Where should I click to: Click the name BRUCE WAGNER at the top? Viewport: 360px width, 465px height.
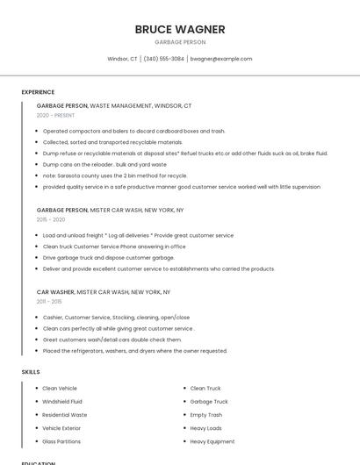(180, 29)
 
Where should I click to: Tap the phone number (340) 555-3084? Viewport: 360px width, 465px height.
(164, 59)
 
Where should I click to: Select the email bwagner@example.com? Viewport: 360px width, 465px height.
(221, 59)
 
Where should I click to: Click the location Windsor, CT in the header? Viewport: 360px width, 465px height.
(122, 59)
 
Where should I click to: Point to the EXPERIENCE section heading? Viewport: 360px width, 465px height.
(38, 91)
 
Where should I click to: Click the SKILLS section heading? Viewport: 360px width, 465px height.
(31, 372)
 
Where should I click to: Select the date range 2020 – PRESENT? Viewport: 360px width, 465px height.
(55, 115)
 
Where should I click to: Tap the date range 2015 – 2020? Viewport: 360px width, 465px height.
(51, 219)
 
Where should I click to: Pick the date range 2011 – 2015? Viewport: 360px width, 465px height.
(49, 301)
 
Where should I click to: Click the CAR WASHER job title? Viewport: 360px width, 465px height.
(55, 291)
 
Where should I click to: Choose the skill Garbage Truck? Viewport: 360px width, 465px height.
(209, 401)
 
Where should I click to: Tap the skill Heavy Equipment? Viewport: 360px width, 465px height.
(212, 441)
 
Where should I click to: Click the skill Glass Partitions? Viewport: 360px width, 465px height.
(61, 441)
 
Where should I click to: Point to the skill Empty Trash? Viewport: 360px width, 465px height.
(206, 414)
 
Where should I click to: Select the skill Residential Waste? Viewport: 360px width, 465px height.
(65, 414)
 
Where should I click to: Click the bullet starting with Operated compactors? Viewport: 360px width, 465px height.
(133, 131)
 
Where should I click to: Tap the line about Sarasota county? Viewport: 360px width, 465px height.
(115, 175)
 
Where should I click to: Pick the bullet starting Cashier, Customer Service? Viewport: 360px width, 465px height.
(116, 317)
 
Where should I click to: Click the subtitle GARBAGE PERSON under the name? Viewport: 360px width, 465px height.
(180, 42)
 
